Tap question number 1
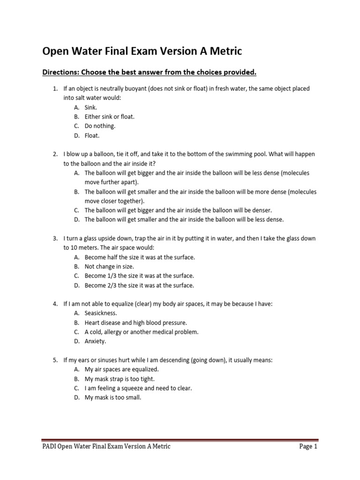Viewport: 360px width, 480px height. click(x=54, y=89)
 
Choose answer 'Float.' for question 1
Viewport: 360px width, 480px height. click(x=92, y=136)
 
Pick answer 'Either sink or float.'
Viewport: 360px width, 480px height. click(x=109, y=117)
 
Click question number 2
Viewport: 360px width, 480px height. click(x=54, y=154)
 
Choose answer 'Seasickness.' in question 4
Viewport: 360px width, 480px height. click(x=101, y=313)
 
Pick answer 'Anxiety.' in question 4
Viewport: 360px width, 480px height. click(x=95, y=341)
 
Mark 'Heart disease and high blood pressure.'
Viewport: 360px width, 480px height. click(x=135, y=322)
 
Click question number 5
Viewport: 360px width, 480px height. click(x=54, y=360)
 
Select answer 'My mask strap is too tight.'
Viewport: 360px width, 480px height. click(x=119, y=379)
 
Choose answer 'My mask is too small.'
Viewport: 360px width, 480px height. click(x=112, y=397)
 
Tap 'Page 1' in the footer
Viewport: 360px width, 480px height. click(x=308, y=447)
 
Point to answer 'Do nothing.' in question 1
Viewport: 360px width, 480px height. click(x=99, y=126)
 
